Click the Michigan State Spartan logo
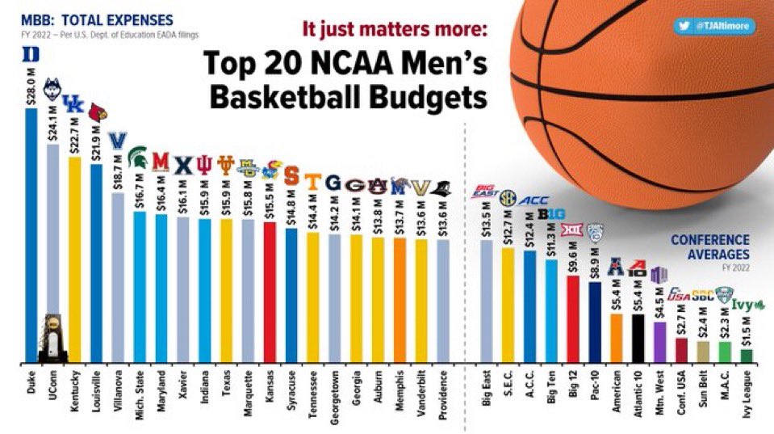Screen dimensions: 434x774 point(138,157)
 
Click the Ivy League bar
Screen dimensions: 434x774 point(747,355)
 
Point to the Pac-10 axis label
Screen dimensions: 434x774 point(595,390)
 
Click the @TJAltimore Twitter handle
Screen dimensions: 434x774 point(718,26)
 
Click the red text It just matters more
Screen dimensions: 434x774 point(395,29)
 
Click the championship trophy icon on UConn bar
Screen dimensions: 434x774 point(53,335)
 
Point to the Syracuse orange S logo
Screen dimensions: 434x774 point(291,175)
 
